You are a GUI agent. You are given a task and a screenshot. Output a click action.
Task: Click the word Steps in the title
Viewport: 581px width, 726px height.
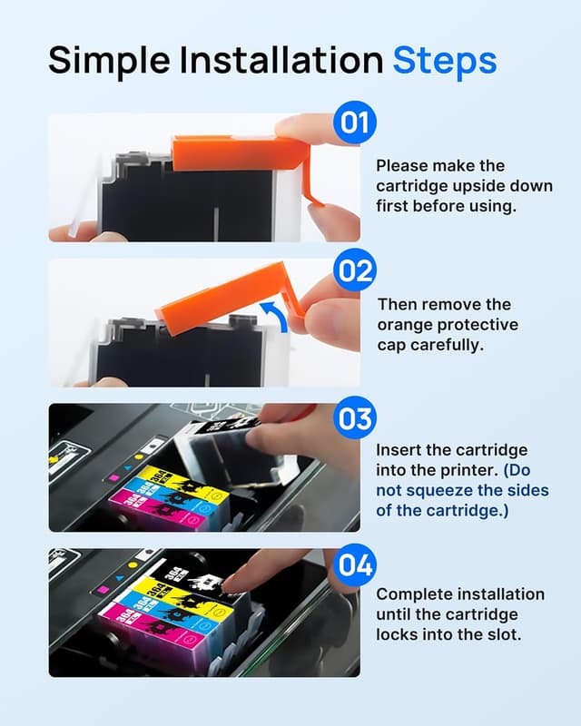point(444,61)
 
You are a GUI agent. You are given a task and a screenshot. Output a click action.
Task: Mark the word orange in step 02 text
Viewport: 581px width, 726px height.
point(400,324)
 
